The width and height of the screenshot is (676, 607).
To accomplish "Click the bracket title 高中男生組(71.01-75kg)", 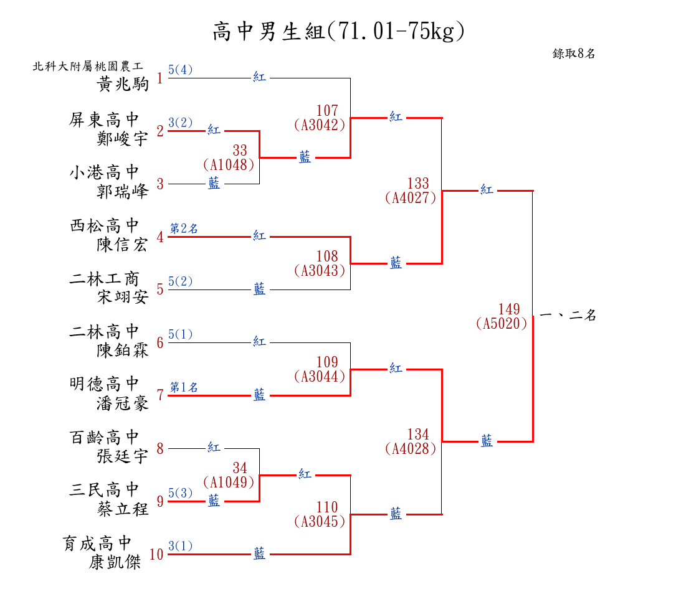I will (x=338, y=31).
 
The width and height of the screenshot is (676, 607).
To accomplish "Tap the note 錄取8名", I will (x=574, y=54).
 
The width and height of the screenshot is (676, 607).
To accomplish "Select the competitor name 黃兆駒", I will (x=123, y=84).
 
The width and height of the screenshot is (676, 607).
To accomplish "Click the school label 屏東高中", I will (x=104, y=120).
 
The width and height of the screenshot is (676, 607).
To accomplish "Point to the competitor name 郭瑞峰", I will (x=123, y=191).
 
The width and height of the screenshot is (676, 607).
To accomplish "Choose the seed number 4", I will (x=160, y=237).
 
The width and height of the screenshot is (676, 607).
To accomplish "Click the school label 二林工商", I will (x=104, y=278).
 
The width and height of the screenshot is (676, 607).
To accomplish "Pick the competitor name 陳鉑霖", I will (x=123, y=350).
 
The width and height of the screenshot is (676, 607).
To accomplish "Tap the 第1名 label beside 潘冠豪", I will (x=184, y=388).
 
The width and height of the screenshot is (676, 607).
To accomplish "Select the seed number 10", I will (x=156, y=554).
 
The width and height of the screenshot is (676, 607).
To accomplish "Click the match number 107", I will (x=327, y=111).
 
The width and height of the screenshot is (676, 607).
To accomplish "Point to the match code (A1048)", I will (x=229, y=165).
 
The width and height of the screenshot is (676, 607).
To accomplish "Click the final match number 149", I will (x=509, y=309).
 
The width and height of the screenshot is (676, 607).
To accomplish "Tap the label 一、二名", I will (x=568, y=316).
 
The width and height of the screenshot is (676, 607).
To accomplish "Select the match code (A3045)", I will (x=320, y=522).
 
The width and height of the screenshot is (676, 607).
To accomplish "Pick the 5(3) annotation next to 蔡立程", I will (x=181, y=494).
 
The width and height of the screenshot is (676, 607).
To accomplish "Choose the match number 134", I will (x=418, y=434).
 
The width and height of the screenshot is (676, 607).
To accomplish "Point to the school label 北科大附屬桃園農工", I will (x=88, y=66).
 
